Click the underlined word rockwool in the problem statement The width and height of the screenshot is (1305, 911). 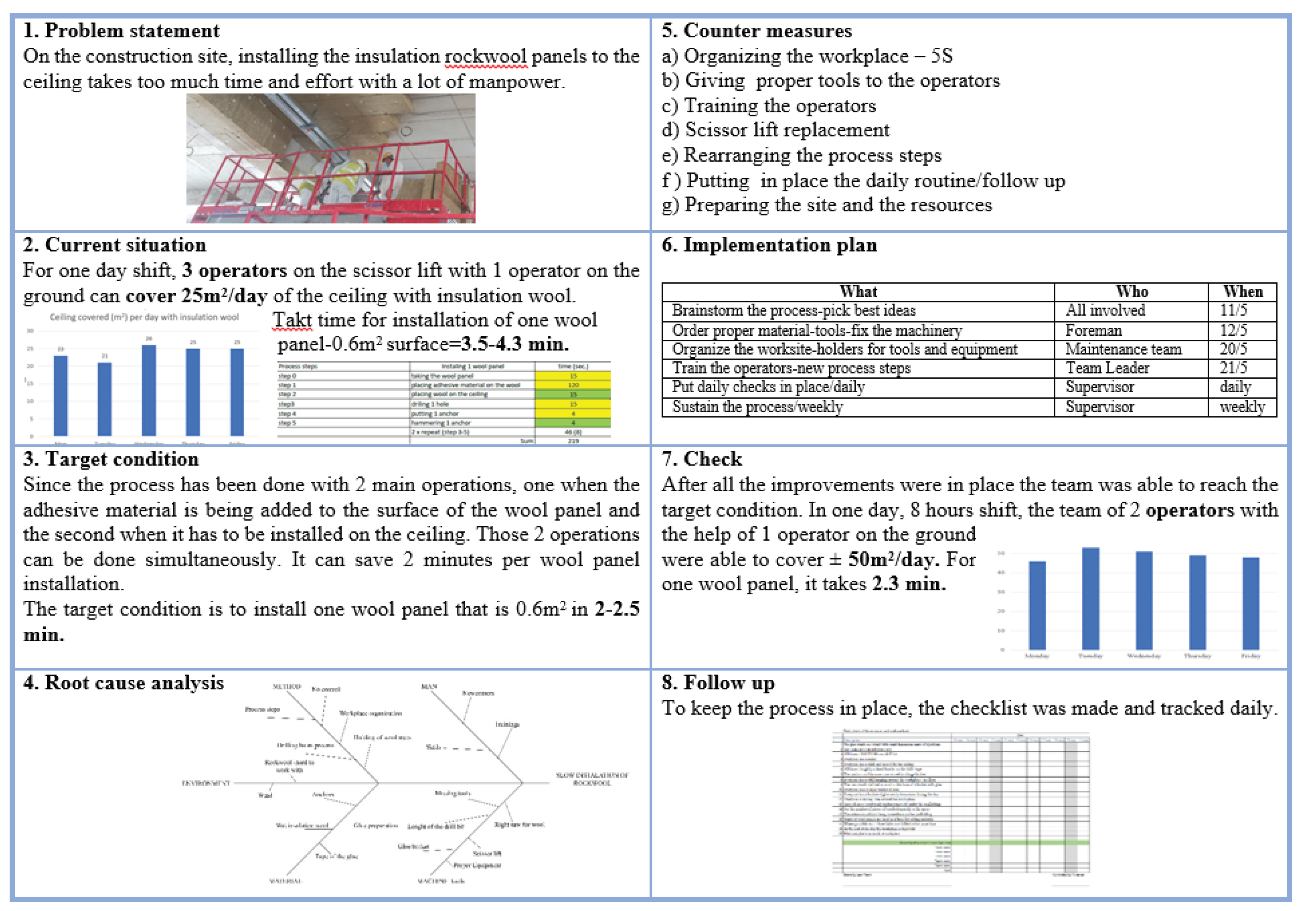[x=485, y=57]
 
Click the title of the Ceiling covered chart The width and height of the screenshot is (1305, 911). [x=144, y=317]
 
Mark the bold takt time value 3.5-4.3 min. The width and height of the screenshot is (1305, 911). [x=515, y=344]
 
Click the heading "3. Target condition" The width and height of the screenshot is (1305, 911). [x=111, y=459]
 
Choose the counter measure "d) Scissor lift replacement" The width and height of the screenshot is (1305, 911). [x=775, y=130]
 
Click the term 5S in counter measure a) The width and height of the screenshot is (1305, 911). [x=941, y=56]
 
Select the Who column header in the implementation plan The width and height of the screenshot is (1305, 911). [x=1131, y=292]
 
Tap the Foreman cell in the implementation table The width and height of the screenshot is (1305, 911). [x=1093, y=331]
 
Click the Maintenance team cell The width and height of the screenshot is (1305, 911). [x=1123, y=349]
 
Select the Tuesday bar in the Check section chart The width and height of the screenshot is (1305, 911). [x=1090, y=598]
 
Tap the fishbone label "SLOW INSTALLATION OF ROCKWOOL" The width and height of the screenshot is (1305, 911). [x=592, y=779]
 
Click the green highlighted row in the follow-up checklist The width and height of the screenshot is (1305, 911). [x=966, y=842]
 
